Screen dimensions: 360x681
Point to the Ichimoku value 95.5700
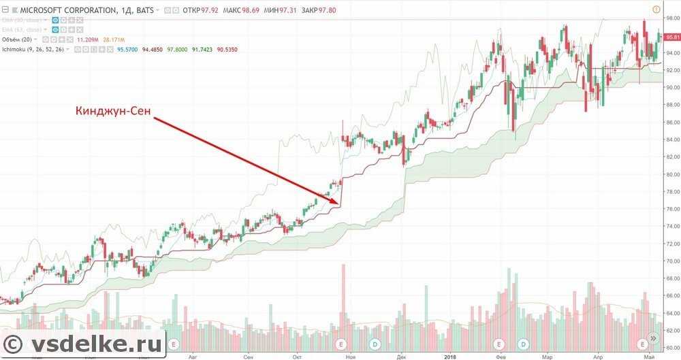click(127, 49)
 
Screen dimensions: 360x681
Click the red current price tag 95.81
click(672, 37)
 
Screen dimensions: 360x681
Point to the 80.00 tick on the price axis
click(671, 174)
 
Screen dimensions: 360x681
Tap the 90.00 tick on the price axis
click(671, 88)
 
